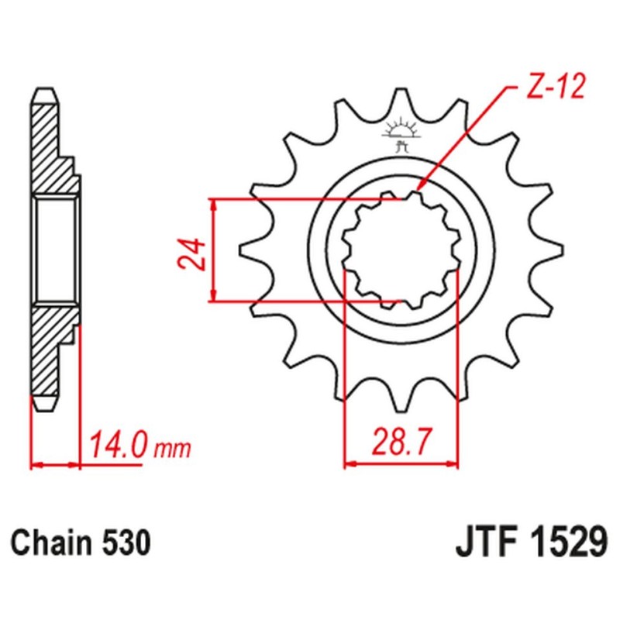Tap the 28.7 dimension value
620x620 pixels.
[401, 444]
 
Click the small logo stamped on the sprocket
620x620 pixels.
[401, 133]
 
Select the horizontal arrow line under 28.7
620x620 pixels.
[401, 465]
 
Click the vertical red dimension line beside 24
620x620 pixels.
[214, 250]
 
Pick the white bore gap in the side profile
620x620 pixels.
[56, 249]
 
